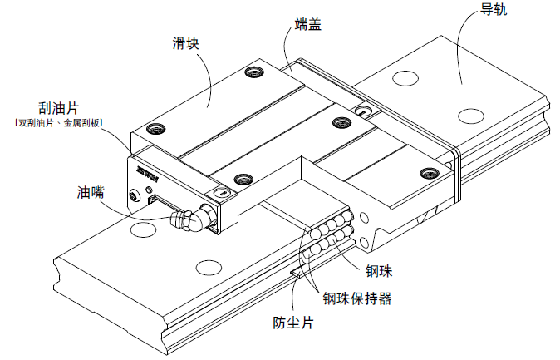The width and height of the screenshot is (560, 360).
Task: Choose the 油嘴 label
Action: pyautogui.click(x=87, y=193)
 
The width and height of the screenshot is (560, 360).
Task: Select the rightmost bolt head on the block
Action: pyautogui.click(x=429, y=173)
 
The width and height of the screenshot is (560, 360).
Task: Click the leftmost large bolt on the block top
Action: pyautogui.click(x=151, y=128)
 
